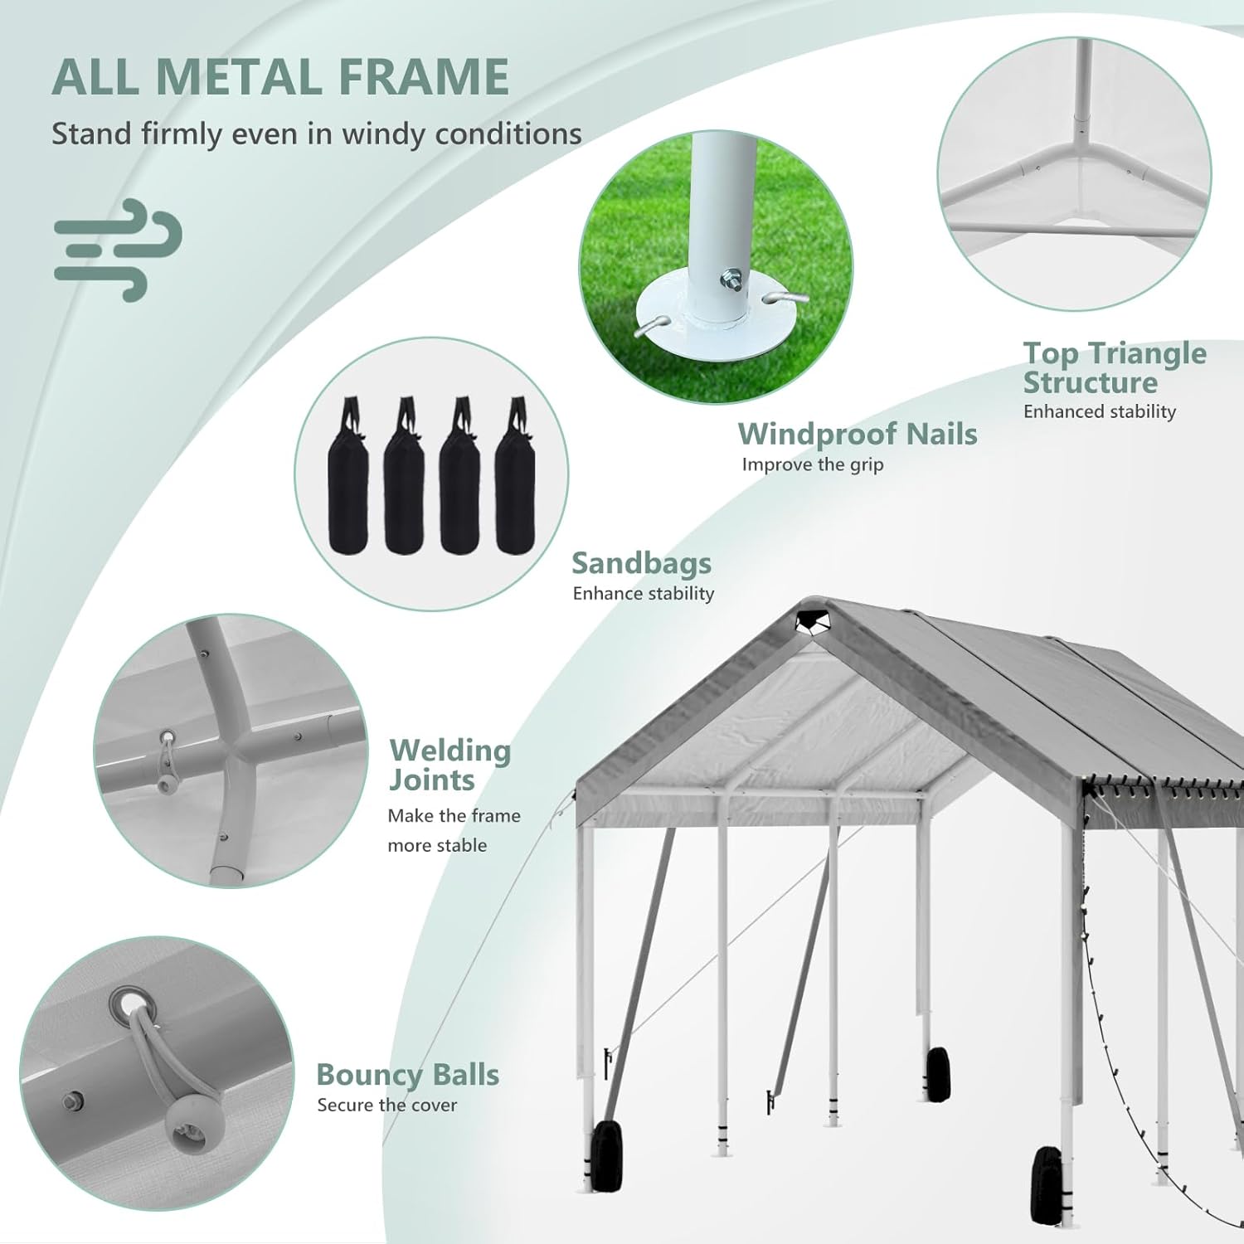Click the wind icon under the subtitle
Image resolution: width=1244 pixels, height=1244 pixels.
coord(118,249)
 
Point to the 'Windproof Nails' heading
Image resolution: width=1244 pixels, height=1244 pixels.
coord(858,434)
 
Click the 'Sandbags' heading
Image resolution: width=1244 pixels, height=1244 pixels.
coord(641,563)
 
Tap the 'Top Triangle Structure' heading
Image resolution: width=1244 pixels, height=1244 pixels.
coord(1114,367)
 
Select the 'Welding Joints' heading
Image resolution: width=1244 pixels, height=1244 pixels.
coord(449,765)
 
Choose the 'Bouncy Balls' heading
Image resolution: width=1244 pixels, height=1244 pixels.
coord(407,1074)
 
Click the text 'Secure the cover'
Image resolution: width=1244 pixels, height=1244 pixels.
coord(386,1105)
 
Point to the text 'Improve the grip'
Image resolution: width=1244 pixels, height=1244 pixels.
coord(812,464)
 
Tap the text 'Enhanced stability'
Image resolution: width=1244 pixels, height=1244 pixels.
coord(1099,411)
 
